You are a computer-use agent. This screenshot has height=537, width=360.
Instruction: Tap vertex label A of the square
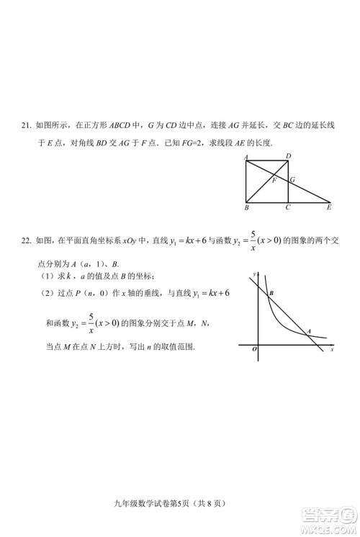(x=246, y=158)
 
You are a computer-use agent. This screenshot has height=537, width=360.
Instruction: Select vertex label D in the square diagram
(x=288, y=156)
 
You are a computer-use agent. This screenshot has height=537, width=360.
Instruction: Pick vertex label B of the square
(x=246, y=208)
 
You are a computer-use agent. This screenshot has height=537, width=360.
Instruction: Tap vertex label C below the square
(x=288, y=208)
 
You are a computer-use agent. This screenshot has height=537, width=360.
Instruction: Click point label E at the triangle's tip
(x=329, y=208)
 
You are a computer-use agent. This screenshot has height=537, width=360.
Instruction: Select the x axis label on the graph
(x=332, y=350)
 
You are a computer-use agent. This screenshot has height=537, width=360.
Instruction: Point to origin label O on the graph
(x=254, y=349)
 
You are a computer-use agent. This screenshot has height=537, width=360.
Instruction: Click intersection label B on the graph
(x=271, y=294)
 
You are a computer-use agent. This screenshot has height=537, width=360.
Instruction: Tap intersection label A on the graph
(x=309, y=331)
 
